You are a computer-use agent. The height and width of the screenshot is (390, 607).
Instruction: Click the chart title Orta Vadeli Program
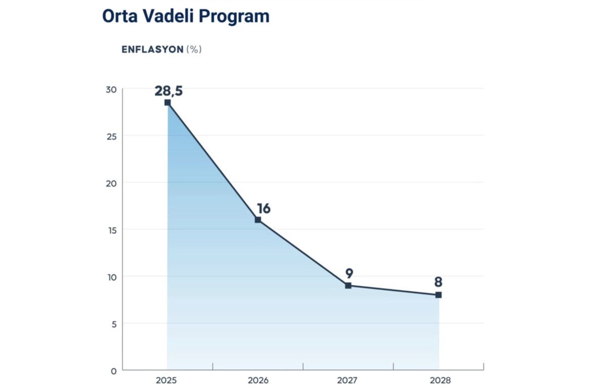186,16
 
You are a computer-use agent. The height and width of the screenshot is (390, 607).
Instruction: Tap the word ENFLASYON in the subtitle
152,50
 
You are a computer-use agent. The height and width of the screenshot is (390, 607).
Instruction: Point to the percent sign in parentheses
194,50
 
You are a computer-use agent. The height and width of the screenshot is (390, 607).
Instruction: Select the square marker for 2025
167,103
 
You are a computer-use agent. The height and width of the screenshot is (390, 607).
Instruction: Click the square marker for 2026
258,220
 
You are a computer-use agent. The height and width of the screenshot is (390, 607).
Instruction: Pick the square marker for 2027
348,285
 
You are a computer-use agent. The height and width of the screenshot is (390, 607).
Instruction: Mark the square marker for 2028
439,295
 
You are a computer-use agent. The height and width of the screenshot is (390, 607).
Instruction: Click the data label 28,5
168,91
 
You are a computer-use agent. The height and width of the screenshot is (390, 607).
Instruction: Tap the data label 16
264,209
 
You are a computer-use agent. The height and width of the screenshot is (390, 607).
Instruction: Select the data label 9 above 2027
349,274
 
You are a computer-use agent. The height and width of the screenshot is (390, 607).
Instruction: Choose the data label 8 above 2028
438,282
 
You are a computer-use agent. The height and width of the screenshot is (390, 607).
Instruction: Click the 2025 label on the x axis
167,380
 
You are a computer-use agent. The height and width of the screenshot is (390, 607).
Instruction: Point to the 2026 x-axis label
258,380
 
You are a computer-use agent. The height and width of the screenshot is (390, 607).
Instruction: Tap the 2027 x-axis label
348,380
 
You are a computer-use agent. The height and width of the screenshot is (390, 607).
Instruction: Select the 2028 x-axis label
439,380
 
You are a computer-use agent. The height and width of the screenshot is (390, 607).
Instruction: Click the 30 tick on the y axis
111,89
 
